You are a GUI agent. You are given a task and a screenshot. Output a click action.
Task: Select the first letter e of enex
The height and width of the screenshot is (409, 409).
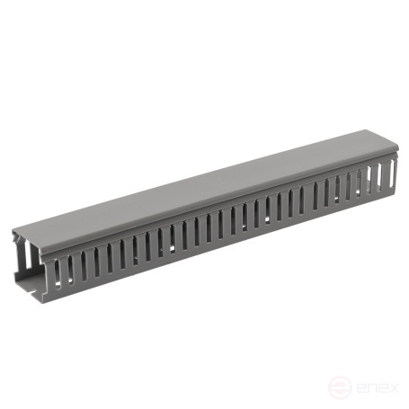tap(350, 387)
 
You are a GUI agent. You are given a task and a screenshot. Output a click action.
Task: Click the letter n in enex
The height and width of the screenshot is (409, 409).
tap(362, 387)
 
